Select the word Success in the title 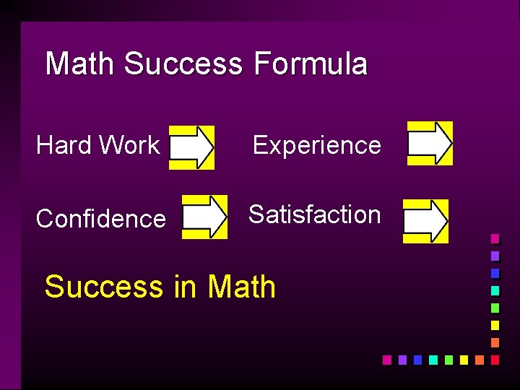click(183, 64)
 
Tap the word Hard click(64, 145)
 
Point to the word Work click(129, 145)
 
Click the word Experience click(316, 145)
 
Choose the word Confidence click(101, 218)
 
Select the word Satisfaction click(315, 214)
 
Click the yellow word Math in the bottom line click(242, 287)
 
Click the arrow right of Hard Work click(191, 147)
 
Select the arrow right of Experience click(430, 143)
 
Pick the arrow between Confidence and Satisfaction click(204, 216)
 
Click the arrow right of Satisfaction click(425, 221)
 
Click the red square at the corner click(495, 359)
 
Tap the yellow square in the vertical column click(495, 325)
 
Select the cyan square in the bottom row click(433, 359)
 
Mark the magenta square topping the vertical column click(495, 238)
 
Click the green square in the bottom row click(448, 359)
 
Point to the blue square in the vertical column click(495, 273)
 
